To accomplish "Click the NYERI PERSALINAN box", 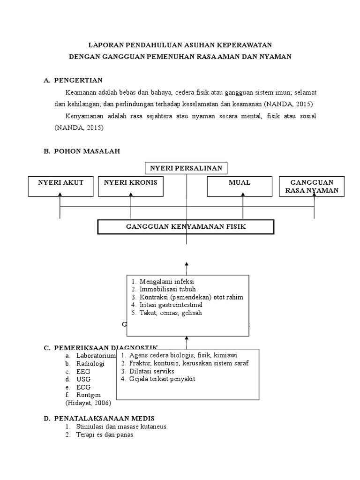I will tap(187, 168).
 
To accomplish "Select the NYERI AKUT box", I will tap(60, 186).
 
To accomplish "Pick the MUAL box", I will tap(239, 186).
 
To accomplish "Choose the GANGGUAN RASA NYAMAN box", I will tap(312, 186).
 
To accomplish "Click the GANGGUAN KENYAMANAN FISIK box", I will tap(186, 227).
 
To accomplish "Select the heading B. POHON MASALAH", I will tap(82, 151).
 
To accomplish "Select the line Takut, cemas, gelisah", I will tap(167, 313).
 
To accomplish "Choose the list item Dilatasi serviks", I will tap(150, 371).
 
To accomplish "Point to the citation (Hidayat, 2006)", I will tap(89, 402).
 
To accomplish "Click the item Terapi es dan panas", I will tap(105, 435).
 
